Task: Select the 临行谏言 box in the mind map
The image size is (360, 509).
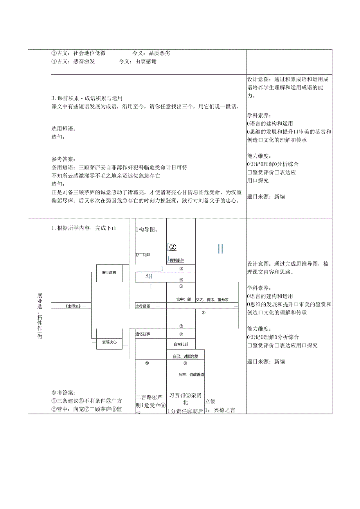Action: (x=109, y=272)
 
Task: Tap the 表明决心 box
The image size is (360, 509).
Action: (x=109, y=342)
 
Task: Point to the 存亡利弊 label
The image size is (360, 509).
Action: (x=143, y=255)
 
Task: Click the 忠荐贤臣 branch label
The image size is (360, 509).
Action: (x=143, y=306)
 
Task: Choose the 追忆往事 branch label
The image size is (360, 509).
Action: (x=143, y=334)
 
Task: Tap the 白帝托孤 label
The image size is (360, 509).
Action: (x=181, y=344)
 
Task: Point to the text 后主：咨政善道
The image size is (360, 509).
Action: (x=191, y=374)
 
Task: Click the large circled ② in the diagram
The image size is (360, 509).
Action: (x=172, y=247)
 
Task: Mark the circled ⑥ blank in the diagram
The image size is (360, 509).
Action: (x=203, y=313)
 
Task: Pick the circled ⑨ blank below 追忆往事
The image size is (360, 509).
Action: (x=147, y=363)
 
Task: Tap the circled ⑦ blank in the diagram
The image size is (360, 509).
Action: (x=181, y=326)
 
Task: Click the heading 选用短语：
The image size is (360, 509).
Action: (x=63, y=129)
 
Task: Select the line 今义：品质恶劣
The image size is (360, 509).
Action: (x=151, y=53)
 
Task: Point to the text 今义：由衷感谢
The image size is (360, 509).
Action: (x=138, y=61)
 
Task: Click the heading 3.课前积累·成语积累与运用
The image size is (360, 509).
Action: (x=90, y=98)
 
